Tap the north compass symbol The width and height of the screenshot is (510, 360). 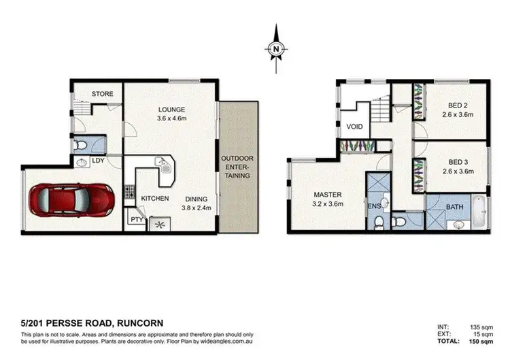tap(275, 48)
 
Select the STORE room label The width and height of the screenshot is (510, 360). tap(102, 94)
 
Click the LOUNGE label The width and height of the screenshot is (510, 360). tap(172, 109)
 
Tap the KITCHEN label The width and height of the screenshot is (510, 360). tap(154, 198)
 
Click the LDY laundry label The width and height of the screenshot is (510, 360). tap(98, 161)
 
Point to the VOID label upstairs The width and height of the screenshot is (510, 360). tap(354, 127)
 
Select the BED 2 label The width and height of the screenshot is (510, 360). tap(457, 105)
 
